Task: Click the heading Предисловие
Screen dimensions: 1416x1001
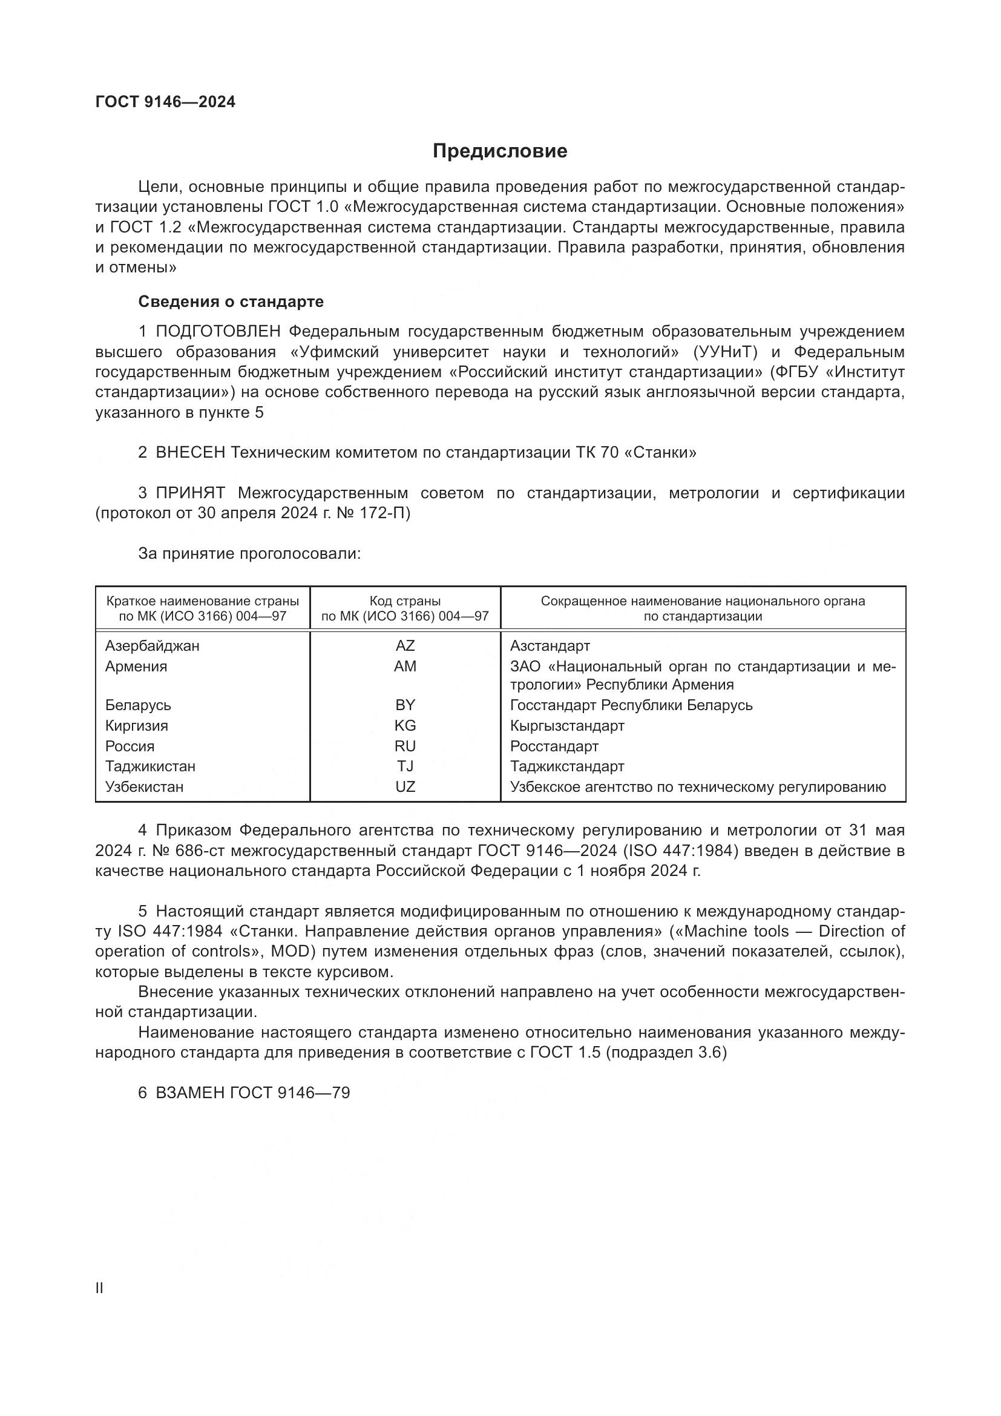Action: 499,151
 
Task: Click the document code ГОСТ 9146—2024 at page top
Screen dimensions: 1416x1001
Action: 165,102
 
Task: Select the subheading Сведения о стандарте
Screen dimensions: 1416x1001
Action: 231,301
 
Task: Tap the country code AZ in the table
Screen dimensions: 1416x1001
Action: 405,646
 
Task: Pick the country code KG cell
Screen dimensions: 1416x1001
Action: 405,725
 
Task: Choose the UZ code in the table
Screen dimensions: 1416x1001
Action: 405,786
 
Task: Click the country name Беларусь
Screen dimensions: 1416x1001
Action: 138,705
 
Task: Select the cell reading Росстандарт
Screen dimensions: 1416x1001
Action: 554,746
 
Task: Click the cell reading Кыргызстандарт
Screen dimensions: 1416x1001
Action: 567,725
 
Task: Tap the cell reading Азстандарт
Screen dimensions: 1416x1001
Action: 550,646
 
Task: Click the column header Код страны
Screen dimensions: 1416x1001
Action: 405,601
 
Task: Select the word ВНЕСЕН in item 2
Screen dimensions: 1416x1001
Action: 191,453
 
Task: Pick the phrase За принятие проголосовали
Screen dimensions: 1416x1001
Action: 249,553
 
